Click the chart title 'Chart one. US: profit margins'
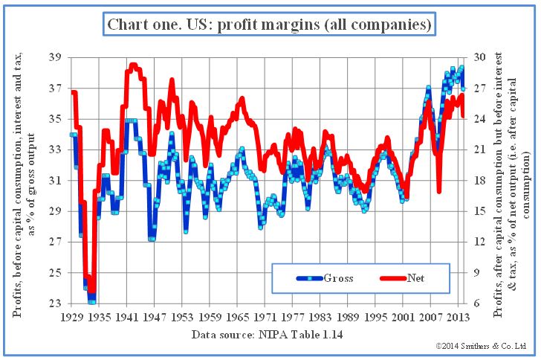pyautogui.click(x=270, y=25)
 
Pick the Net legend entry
pyautogui.click(x=417, y=278)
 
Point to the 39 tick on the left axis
pyautogui.click(x=54, y=57)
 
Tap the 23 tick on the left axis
pyautogui.click(x=54, y=303)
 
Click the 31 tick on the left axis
pyautogui.click(x=54, y=181)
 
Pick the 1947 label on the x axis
pyautogui.click(x=154, y=316)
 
